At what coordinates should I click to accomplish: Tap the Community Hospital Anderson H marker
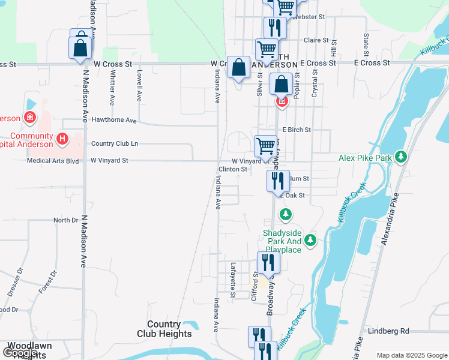tap(62, 140)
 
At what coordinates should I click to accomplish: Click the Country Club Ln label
tap(114, 144)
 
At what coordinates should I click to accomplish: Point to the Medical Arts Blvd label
tap(53, 161)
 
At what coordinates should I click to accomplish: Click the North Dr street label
tap(65, 220)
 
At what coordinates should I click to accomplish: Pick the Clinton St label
tap(232, 170)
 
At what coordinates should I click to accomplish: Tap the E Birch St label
tap(297, 130)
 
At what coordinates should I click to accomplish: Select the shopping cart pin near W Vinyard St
tap(265, 146)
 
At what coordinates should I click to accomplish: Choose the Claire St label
tap(316, 40)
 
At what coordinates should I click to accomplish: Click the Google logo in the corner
tap(20, 353)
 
